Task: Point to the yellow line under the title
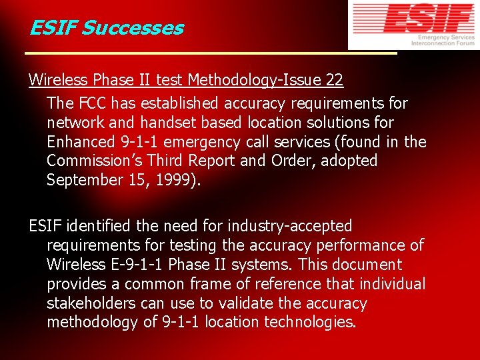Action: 210,53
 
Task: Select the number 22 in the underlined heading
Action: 335,81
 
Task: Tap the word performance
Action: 360,246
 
